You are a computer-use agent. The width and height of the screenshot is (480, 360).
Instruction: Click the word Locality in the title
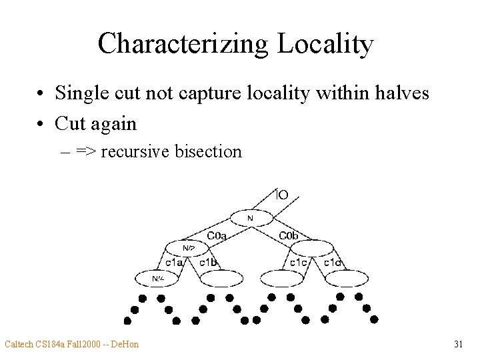coord(325,44)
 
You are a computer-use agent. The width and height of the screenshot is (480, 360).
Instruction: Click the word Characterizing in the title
coord(182,44)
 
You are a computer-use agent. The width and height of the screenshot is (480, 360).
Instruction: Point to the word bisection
coord(208,151)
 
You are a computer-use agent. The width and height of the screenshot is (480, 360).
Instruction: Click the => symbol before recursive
coord(85,151)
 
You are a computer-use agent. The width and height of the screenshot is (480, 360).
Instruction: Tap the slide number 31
coord(458,344)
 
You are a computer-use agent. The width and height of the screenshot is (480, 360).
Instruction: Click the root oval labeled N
coord(251,218)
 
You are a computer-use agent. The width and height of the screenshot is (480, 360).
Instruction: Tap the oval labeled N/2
coord(189,248)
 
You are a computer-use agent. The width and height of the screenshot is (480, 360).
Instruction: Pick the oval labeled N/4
coord(158,278)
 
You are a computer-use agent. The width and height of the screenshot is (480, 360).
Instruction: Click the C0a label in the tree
coord(217,235)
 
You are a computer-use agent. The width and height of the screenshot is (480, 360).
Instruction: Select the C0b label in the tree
coord(289,235)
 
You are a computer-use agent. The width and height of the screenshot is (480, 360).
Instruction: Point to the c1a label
coord(175,263)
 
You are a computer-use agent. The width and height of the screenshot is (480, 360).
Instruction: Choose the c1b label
coord(208,263)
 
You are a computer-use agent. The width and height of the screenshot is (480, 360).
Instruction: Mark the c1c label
coord(298,263)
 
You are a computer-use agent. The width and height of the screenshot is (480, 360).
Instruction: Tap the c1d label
coord(333,263)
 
